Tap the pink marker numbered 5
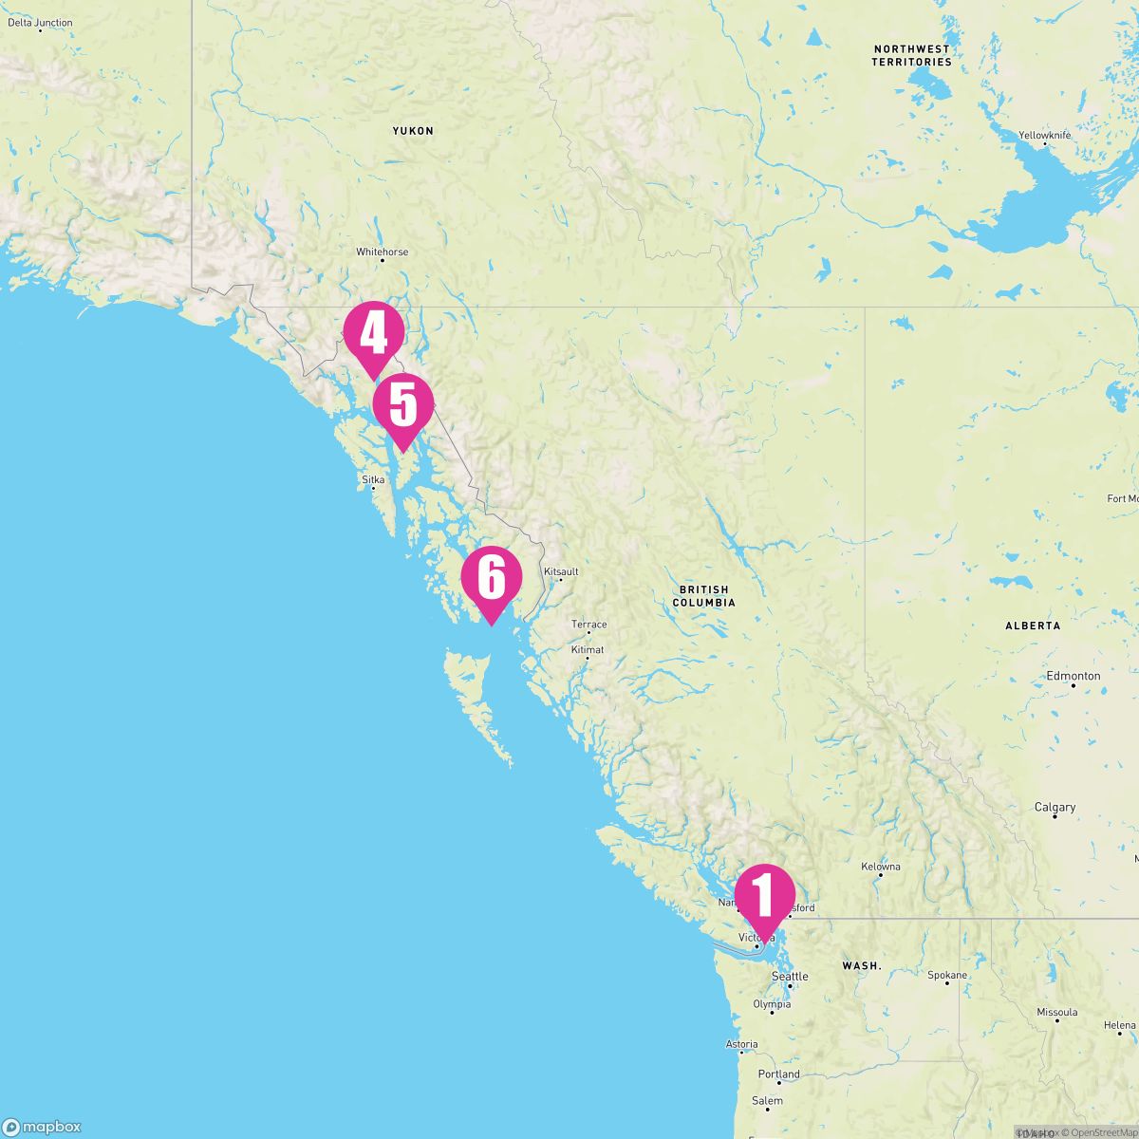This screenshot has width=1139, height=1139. point(403,405)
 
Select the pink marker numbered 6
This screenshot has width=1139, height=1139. point(492,577)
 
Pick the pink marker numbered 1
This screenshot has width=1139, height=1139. point(764,895)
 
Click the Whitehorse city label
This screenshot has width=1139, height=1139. point(382,252)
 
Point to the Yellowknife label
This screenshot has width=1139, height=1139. point(1044,136)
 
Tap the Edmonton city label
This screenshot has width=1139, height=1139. point(1074,676)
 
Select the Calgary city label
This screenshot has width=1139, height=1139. point(1055,808)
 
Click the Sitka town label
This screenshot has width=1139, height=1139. point(373,480)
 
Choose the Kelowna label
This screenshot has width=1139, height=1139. point(881,867)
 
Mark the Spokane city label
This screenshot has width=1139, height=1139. point(947,976)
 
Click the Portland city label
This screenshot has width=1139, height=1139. point(779,1074)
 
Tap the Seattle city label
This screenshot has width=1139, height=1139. point(790,977)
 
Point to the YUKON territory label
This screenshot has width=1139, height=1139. point(413,131)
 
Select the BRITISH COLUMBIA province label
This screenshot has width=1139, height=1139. point(703,596)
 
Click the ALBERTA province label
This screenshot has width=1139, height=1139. point(1033,626)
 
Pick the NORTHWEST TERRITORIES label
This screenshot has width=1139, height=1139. point(911,55)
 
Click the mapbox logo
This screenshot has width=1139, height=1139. point(42,1127)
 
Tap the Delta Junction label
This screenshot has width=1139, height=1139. point(40,23)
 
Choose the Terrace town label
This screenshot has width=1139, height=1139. point(588,625)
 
